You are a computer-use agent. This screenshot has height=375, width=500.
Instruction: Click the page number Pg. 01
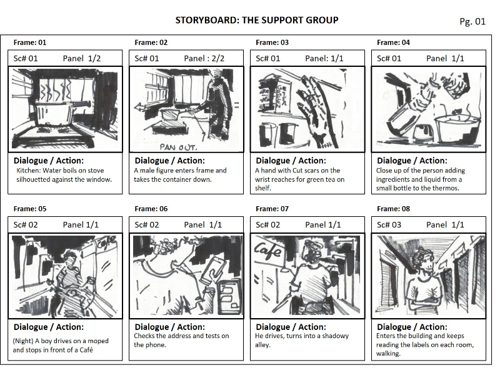click(472, 21)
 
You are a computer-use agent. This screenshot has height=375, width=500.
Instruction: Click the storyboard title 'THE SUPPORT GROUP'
click(290, 20)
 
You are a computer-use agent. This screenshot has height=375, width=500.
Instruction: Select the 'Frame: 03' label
click(272, 42)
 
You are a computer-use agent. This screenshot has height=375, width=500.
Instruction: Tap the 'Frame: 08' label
click(393, 209)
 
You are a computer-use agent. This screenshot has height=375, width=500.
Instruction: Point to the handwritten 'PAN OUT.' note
click(179, 147)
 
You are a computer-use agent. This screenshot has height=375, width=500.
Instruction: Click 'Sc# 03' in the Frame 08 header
click(389, 225)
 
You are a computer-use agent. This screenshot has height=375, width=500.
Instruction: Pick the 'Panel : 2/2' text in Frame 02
click(204, 59)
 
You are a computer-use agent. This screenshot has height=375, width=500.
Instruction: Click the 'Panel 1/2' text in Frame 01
click(82, 59)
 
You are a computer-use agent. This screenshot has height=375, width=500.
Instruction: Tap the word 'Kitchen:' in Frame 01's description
click(28, 171)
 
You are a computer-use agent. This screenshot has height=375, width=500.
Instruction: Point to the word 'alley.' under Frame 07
click(262, 345)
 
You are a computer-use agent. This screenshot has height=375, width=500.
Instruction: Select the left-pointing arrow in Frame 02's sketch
click(150, 107)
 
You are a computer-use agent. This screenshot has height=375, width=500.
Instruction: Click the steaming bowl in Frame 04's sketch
click(457, 127)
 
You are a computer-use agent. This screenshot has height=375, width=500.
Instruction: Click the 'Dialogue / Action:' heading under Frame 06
click(169, 327)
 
